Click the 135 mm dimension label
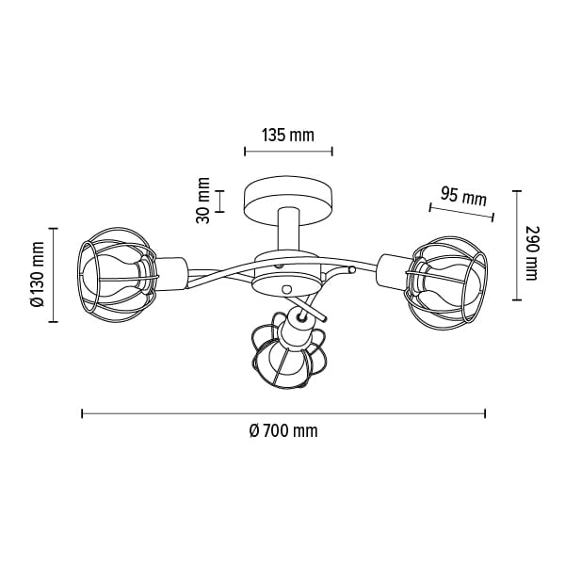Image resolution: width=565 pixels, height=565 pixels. [x=288, y=136]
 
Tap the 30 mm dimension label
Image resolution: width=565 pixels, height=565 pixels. [x=202, y=201]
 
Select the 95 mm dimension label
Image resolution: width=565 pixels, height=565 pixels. [x=463, y=197]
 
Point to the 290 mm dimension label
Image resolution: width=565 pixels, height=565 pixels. [x=532, y=253]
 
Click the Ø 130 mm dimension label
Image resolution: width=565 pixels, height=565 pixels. [x=38, y=275]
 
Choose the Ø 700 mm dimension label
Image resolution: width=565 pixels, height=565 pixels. [x=283, y=431]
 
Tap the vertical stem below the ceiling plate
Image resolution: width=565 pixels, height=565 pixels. [x=288, y=231]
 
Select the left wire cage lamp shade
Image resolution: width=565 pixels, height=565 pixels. [x=118, y=275]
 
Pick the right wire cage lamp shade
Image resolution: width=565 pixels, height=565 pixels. [x=446, y=279]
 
